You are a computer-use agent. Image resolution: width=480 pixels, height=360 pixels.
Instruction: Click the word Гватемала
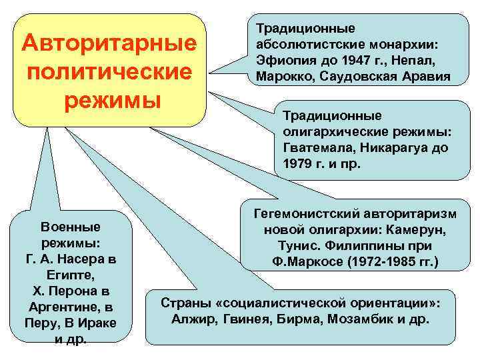click(315, 147)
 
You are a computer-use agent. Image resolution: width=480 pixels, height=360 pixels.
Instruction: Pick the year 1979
click(297, 163)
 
